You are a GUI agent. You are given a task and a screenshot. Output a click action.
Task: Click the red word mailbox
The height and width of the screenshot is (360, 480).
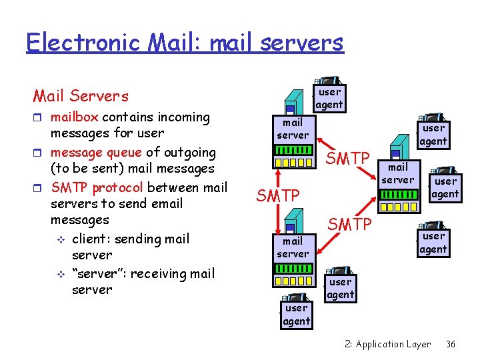[x=75, y=117]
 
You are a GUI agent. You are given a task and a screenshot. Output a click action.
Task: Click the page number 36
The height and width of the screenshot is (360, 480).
[x=450, y=344]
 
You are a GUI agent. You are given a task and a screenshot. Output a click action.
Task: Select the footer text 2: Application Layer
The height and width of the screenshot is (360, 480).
[x=388, y=344]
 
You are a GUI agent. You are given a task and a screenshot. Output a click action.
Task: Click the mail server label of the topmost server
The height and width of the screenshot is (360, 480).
[x=293, y=129]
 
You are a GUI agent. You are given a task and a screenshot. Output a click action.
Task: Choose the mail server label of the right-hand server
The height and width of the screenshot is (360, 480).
[x=398, y=173]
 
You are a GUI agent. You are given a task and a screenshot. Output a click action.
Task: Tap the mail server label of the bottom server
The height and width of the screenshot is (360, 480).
[x=293, y=247]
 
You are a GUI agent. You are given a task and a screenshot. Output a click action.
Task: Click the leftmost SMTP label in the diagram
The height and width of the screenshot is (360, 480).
[x=279, y=196]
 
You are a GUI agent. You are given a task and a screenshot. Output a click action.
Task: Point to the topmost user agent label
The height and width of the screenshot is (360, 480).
[x=329, y=98]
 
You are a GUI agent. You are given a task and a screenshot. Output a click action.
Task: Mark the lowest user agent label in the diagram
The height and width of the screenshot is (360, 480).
[x=296, y=314]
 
